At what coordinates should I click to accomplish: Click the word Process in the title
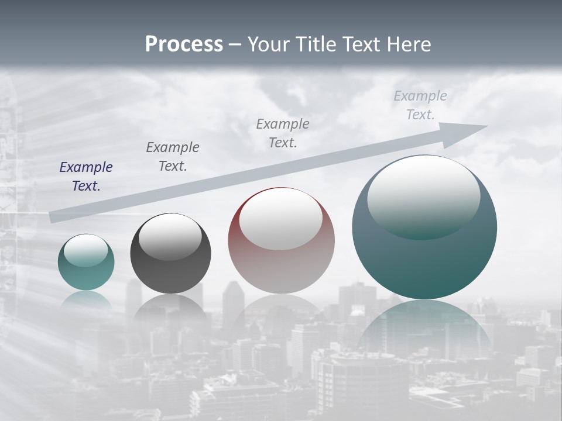[x=184, y=44]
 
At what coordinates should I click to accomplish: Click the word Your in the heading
[x=268, y=44]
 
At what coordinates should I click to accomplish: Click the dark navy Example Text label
[x=86, y=177]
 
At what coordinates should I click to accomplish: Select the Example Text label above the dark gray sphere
[x=173, y=157]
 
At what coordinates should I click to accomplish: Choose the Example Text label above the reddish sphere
[x=283, y=133]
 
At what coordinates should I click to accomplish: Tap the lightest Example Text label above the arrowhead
[x=420, y=105]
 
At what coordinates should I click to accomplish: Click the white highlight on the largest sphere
[x=423, y=196]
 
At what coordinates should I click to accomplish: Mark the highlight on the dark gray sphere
[x=170, y=236]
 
